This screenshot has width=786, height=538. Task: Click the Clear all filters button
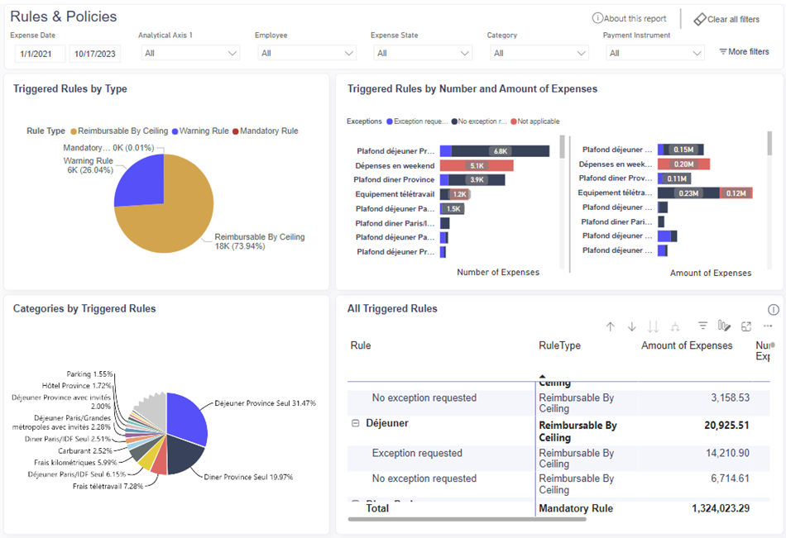pos(726,19)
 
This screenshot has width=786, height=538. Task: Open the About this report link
pos(630,19)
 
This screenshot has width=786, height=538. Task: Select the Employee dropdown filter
pos(306,53)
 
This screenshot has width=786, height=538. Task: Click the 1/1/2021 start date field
pos(39,54)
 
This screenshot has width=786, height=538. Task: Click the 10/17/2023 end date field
pos(94,54)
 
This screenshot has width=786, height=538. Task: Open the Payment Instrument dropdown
pos(654,53)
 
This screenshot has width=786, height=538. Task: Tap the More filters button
pos(744,52)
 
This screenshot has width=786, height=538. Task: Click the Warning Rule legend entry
pos(203,131)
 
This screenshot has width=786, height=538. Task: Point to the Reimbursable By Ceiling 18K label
pos(259,241)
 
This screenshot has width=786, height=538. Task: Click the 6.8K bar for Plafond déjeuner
pos(500,151)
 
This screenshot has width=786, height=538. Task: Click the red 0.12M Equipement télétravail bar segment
pos(735,193)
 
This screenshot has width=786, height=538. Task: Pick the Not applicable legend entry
pos(539,121)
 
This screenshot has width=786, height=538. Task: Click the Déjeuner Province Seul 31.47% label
pos(265,403)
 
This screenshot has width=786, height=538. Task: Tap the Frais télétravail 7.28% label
pos(108,486)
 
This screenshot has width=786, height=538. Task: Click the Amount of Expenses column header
pos(687,345)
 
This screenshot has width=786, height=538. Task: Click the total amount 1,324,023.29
pos(721,508)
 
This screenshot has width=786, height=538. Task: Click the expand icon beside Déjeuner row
pos(356,423)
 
